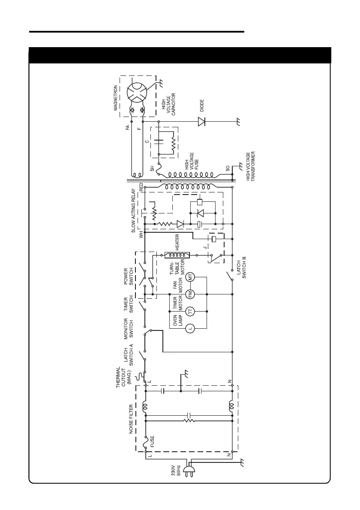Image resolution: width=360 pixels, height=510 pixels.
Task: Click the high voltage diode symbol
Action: [202, 122]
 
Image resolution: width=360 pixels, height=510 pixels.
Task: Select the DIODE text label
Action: [202, 105]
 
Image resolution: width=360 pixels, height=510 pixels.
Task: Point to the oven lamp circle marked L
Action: [192, 329]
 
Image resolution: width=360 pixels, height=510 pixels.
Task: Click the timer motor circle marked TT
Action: [192, 310]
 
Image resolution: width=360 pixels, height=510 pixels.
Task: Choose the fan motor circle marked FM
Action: [192, 294]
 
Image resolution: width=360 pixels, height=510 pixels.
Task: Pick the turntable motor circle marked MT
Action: [192, 276]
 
